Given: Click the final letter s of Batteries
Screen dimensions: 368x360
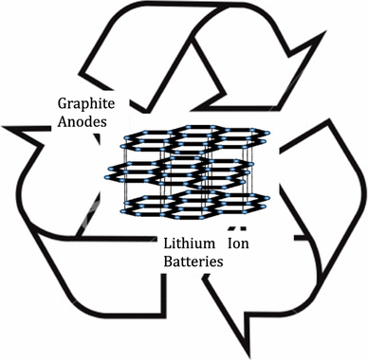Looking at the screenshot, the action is [221, 262].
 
